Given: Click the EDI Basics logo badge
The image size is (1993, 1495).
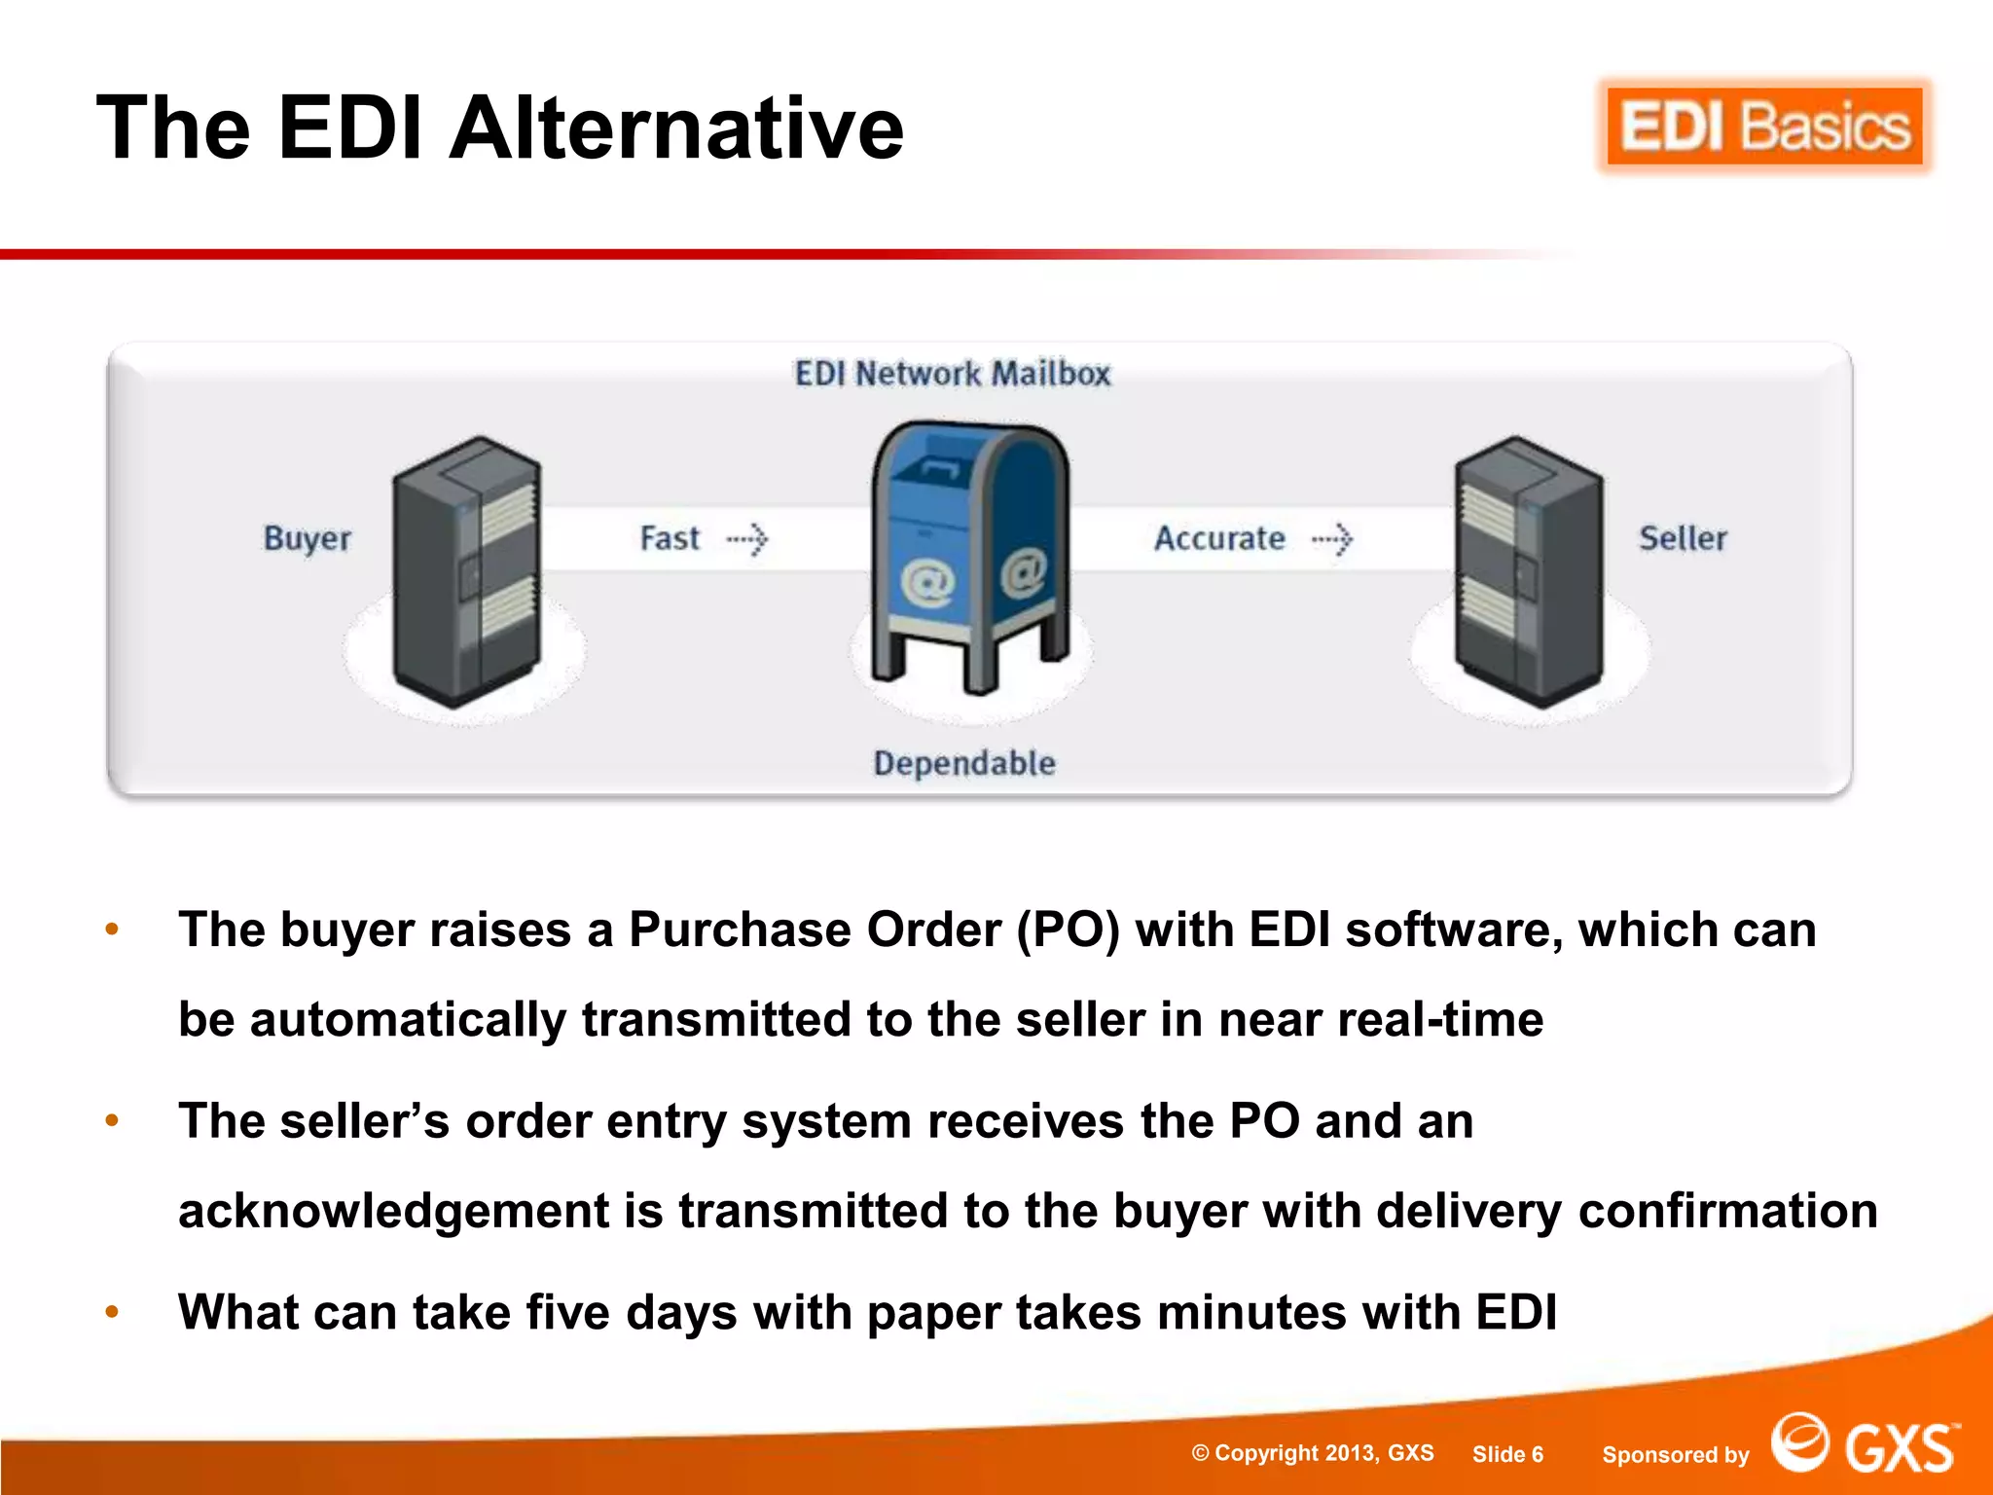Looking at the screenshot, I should [x=1764, y=127].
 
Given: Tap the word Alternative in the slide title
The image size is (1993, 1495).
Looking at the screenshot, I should [x=676, y=128].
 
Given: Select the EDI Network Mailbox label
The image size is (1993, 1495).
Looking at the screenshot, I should [x=952, y=374].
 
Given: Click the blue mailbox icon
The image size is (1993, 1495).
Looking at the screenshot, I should [x=971, y=555].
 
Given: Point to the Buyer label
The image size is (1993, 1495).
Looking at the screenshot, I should [x=308, y=538].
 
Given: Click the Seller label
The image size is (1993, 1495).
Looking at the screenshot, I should [x=1683, y=538].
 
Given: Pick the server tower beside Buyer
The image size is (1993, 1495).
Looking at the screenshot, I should [x=466, y=571].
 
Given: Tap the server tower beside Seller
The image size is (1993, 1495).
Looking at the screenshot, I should [x=1529, y=571].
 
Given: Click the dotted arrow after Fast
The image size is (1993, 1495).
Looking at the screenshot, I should [x=747, y=538].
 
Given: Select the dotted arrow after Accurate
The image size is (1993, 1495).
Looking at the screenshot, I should [x=1332, y=538].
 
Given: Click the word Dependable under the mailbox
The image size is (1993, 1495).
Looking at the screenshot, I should [x=963, y=763].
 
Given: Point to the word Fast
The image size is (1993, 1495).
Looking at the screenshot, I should [x=670, y=538].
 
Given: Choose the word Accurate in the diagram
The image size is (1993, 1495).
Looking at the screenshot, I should [x=1219, y=538].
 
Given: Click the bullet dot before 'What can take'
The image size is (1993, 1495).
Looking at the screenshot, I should [x=112, y=1312].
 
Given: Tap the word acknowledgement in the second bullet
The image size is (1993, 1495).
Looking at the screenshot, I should [x=393, y=1212].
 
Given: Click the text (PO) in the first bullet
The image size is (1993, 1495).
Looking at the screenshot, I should [x=1068, y=930].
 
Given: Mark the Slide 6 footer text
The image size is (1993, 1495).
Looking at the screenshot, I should [x=1507, y=1454].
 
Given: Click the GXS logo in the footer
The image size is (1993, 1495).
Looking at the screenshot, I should [x=1864, y=1444].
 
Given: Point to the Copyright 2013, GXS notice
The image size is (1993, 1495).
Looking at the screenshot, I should [x=1313, y=1453].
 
